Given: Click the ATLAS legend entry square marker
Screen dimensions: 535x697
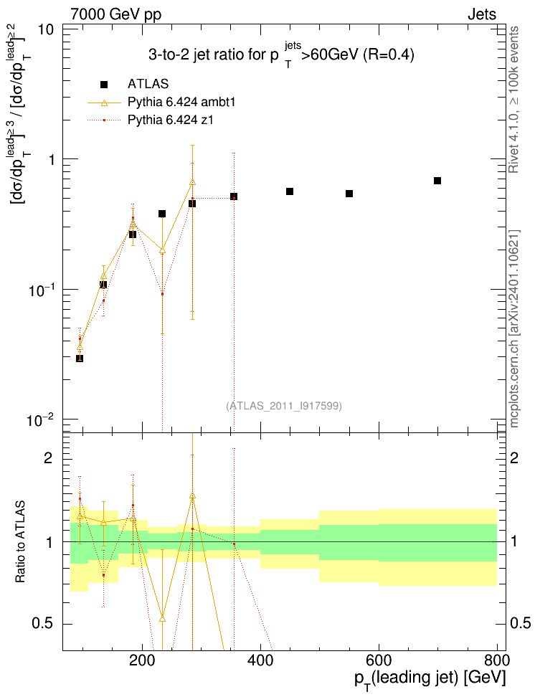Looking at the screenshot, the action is [104, 85].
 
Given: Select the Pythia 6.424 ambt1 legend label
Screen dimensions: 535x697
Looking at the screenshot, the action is [181, 103].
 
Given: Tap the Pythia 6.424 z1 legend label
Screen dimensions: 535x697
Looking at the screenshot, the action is [171, 120].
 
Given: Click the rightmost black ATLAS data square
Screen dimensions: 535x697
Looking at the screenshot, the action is [437, 181].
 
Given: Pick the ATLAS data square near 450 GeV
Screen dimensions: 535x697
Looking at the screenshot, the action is [290, 191].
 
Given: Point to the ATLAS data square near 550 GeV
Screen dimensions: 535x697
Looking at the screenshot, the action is [349, 194].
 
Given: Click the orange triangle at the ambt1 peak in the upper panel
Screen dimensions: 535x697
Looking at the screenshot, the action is [192, 182].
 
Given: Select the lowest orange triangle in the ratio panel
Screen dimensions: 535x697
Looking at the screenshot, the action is [162, 619].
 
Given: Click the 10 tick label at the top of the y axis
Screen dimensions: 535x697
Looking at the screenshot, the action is [46, 30].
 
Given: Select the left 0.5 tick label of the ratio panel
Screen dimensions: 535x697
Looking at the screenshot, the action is [42, 623].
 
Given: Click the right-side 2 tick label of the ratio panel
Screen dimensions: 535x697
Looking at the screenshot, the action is [514, 457].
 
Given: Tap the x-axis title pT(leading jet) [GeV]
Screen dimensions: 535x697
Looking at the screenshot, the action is [430, 680].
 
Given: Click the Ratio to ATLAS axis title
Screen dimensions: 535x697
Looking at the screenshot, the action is [21, 542].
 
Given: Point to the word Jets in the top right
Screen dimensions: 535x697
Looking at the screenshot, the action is [482, 14].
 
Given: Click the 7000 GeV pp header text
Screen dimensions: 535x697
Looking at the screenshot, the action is [115, 15].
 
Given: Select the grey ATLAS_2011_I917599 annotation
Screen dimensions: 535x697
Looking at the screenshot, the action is [284, 406].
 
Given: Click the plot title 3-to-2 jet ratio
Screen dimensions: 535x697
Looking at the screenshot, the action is [281, 54].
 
